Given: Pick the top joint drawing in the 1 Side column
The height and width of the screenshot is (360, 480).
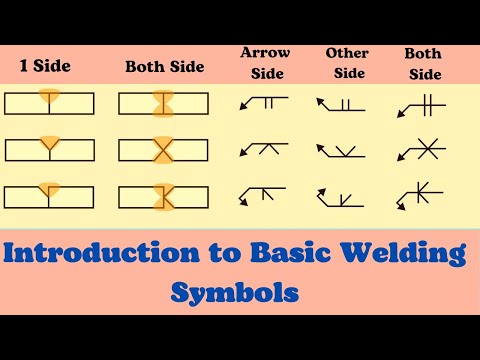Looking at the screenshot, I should [49, 103].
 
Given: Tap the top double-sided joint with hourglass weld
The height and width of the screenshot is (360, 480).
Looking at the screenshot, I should [163, 103].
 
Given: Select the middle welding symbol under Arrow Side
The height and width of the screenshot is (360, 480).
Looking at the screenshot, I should [263, 148].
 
